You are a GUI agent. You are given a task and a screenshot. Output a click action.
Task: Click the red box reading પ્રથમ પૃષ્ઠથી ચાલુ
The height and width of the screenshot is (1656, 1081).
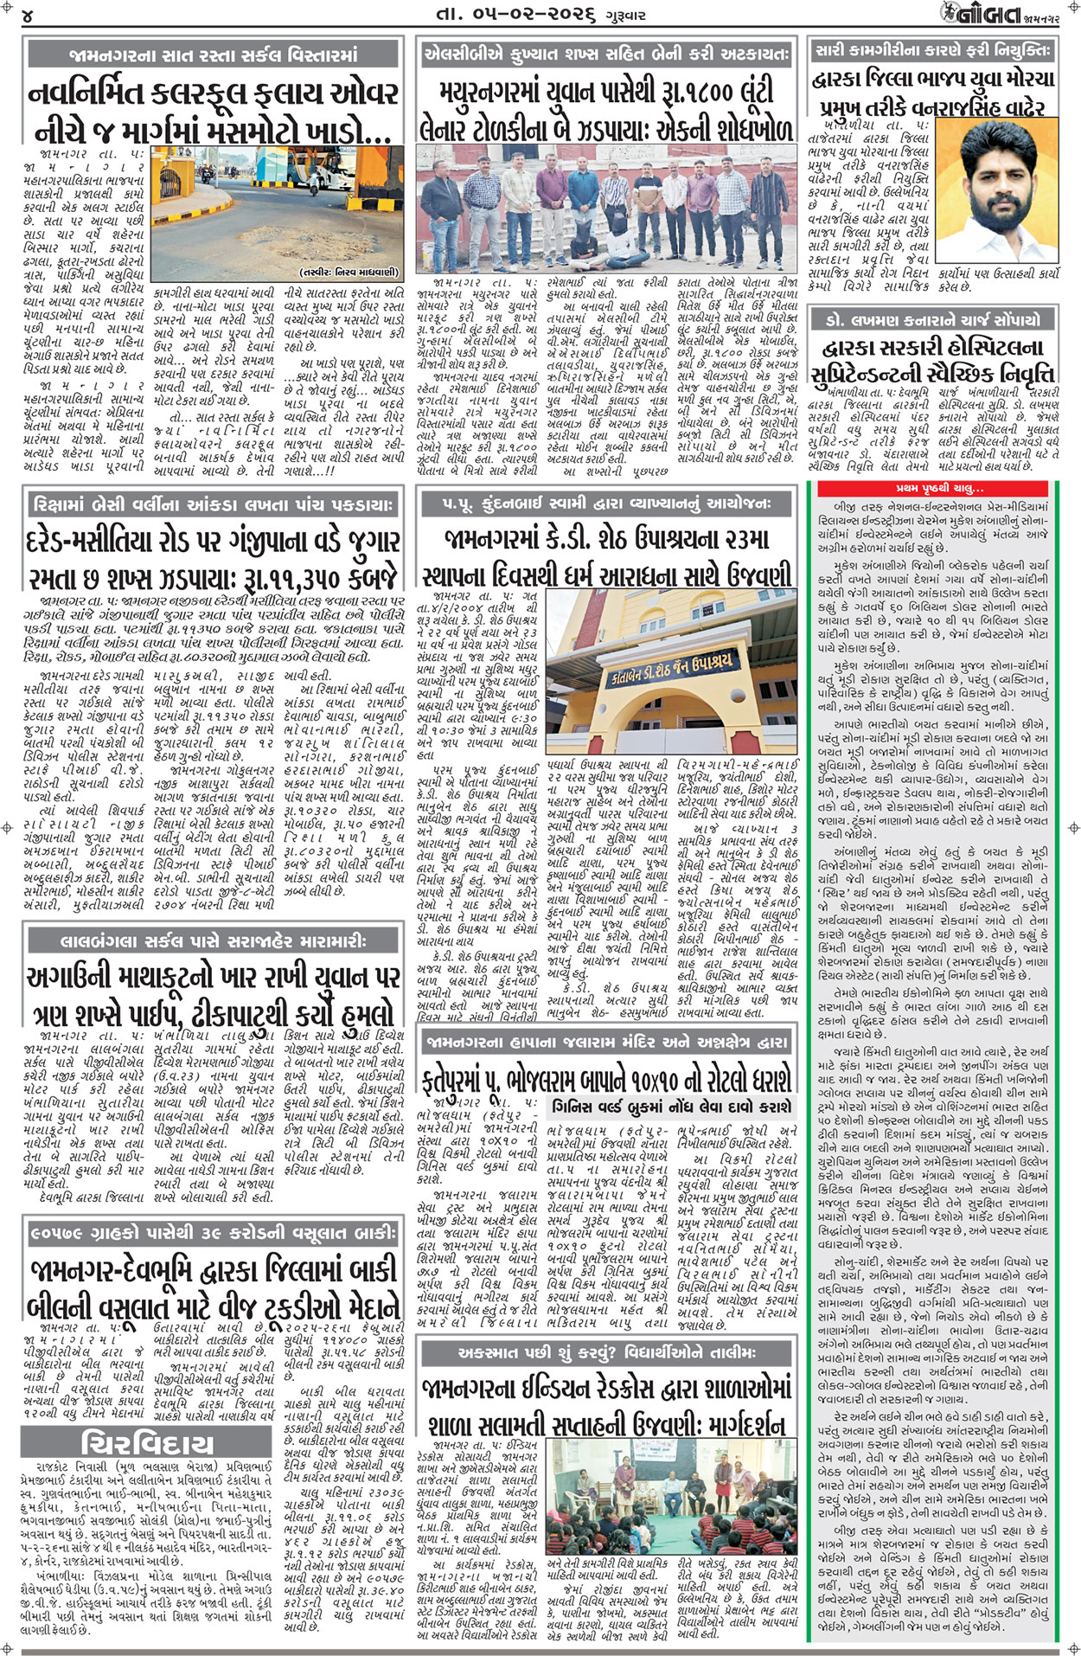935,490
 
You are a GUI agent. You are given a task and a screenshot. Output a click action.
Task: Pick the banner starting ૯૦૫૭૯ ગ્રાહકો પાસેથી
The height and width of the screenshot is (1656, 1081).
214,1230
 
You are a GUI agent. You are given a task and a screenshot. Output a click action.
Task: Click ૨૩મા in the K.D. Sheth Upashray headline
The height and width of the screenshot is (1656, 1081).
744,539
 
